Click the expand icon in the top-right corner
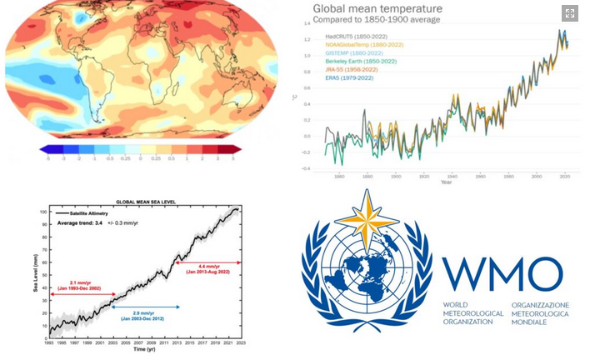(570, 12)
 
